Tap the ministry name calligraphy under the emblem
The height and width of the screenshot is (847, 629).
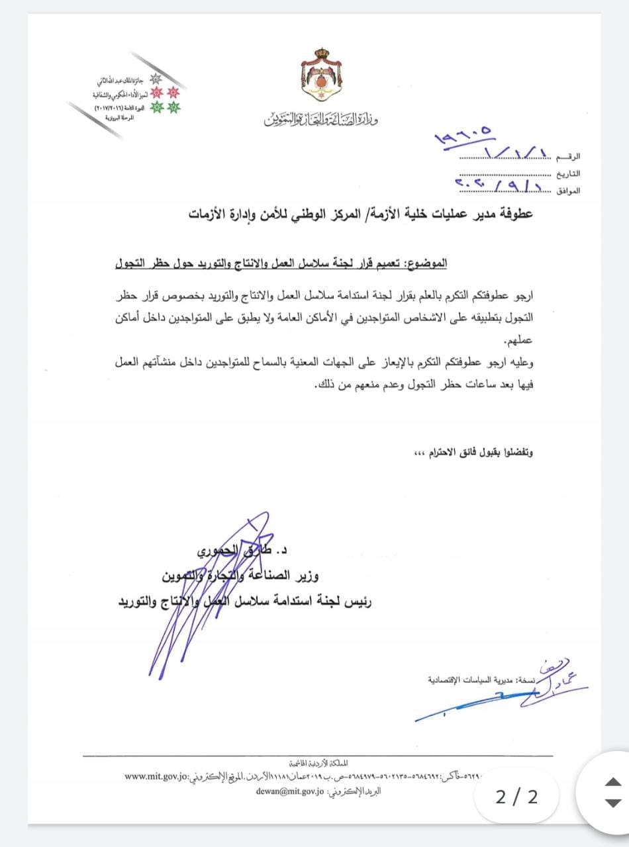point(320,120)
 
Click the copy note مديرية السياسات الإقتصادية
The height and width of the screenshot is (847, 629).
point(481,679)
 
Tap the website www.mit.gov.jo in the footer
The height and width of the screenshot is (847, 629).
point(157,776)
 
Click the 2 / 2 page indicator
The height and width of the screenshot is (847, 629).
point(516,797)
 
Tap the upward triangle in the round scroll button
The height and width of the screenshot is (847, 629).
point(613,782)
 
